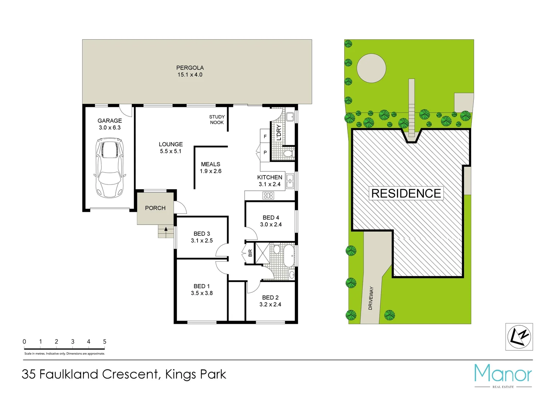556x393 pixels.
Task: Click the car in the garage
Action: click(x=109, y=167)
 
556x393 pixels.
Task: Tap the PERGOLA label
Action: click(x=190, y=68)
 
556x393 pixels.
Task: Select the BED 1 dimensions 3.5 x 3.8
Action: click(x=202, y=293)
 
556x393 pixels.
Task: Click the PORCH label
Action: click(x=155, y=208)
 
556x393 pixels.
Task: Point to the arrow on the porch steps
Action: click(x=166, y=229)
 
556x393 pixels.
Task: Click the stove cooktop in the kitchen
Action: click(x=268, y=196)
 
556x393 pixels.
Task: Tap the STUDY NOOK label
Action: click(x=217, y=120)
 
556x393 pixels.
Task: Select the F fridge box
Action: click(x=265, y=136)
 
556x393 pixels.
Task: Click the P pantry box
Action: click(x=265, y=152)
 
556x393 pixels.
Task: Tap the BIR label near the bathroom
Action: click(x=250, y=253)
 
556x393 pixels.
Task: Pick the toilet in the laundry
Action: click(x=288, y=153)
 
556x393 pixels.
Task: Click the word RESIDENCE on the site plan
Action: click(x=406, y=194)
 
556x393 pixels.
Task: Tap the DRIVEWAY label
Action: click(x=371, y=298)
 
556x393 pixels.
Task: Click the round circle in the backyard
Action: click(x=371, y=68)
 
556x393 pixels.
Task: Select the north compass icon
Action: click(x=519, y=337)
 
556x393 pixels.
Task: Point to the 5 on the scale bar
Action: click(x=105, y=342)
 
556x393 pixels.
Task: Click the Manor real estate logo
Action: click(x=503, y=375)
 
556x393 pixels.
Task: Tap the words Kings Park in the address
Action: click(x=196, y=374)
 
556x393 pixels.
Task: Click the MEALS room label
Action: click(x=210, y=164)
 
